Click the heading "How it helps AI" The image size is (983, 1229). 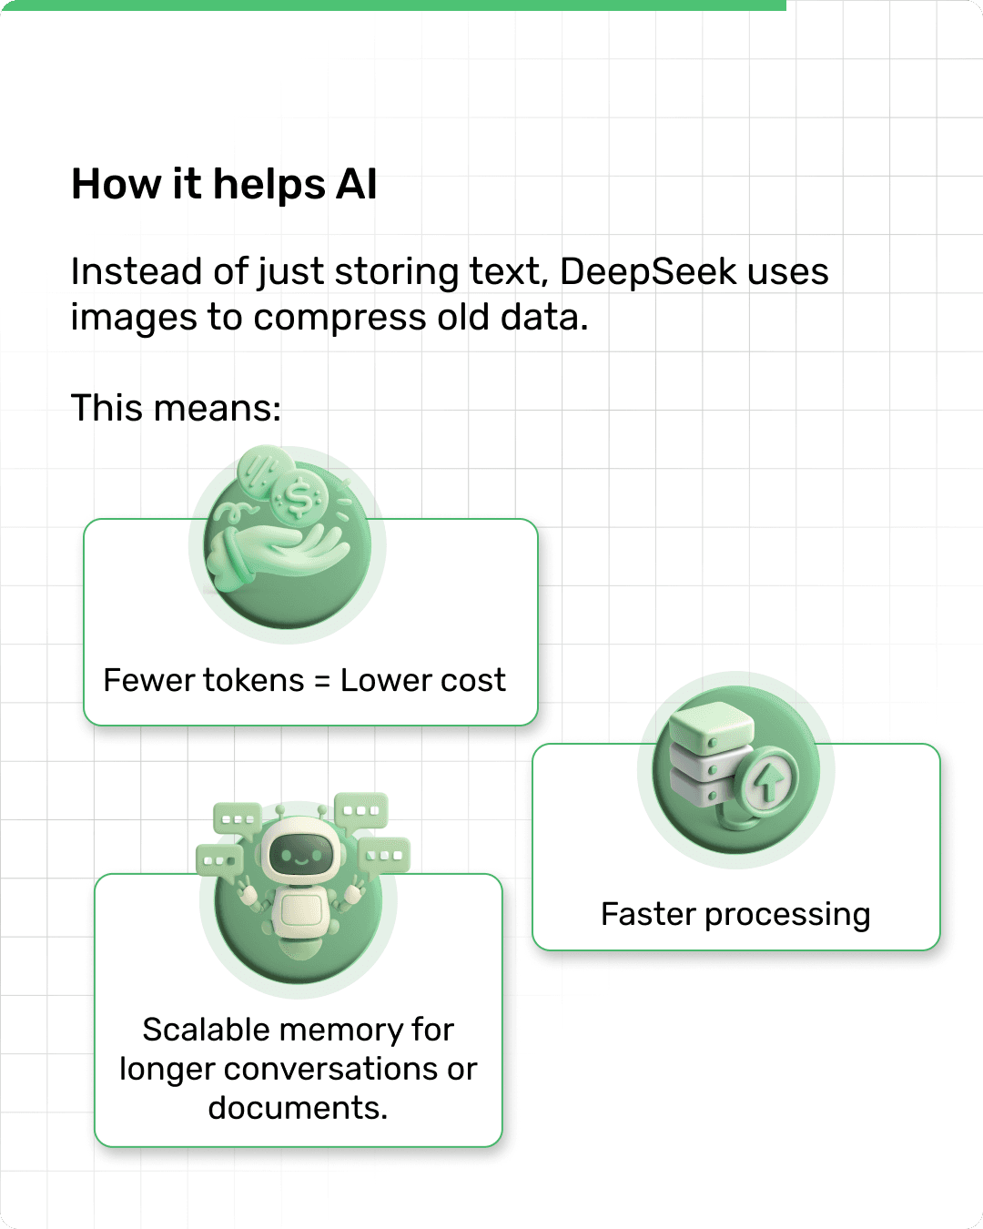click(x=224, y=185)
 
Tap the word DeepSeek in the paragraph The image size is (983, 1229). click(x=648, y=272)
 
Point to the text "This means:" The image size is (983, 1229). click(x=176, y=408)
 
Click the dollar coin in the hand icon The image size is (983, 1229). click(x=300, y=499)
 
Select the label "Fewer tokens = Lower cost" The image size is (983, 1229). click(x=304, y=681)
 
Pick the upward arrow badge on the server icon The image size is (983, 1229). click(x=769, y=780)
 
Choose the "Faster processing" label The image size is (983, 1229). click(x=735, y=914)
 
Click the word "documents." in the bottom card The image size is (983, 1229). click(x=298, y=1108)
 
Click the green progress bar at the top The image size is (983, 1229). click(x=392, y=5)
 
